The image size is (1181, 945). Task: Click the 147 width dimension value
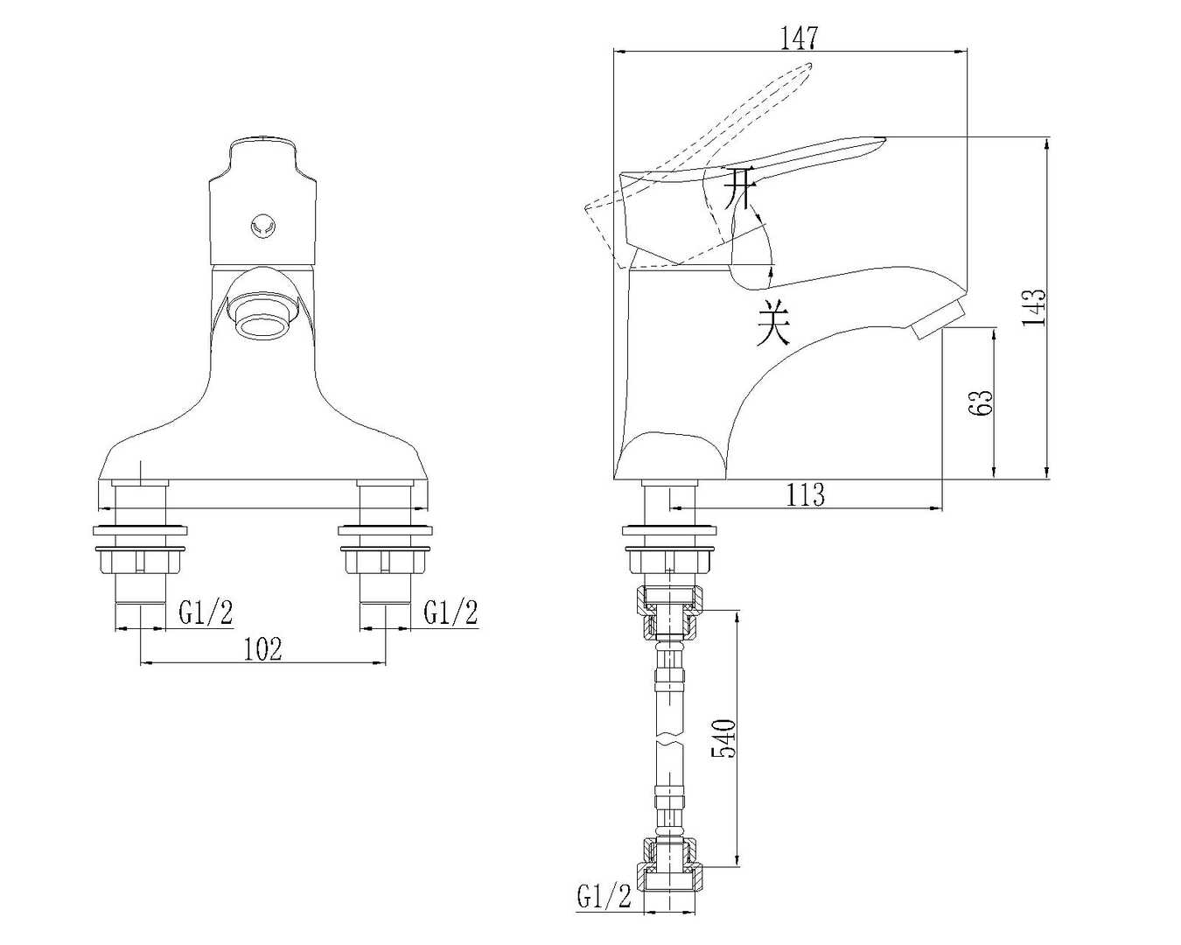pos(799,38)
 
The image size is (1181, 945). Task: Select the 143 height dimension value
pos(1034,307)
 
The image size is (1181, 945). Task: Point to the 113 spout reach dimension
pos(806,494)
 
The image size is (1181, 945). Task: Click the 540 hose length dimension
pos(723,738)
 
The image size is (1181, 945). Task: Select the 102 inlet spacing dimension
pos(262,649)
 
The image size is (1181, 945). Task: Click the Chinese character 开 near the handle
pos(738,188)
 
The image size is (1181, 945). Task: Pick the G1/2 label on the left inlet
pos(206,612)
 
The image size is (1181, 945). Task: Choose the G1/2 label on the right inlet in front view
pos(451,612)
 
